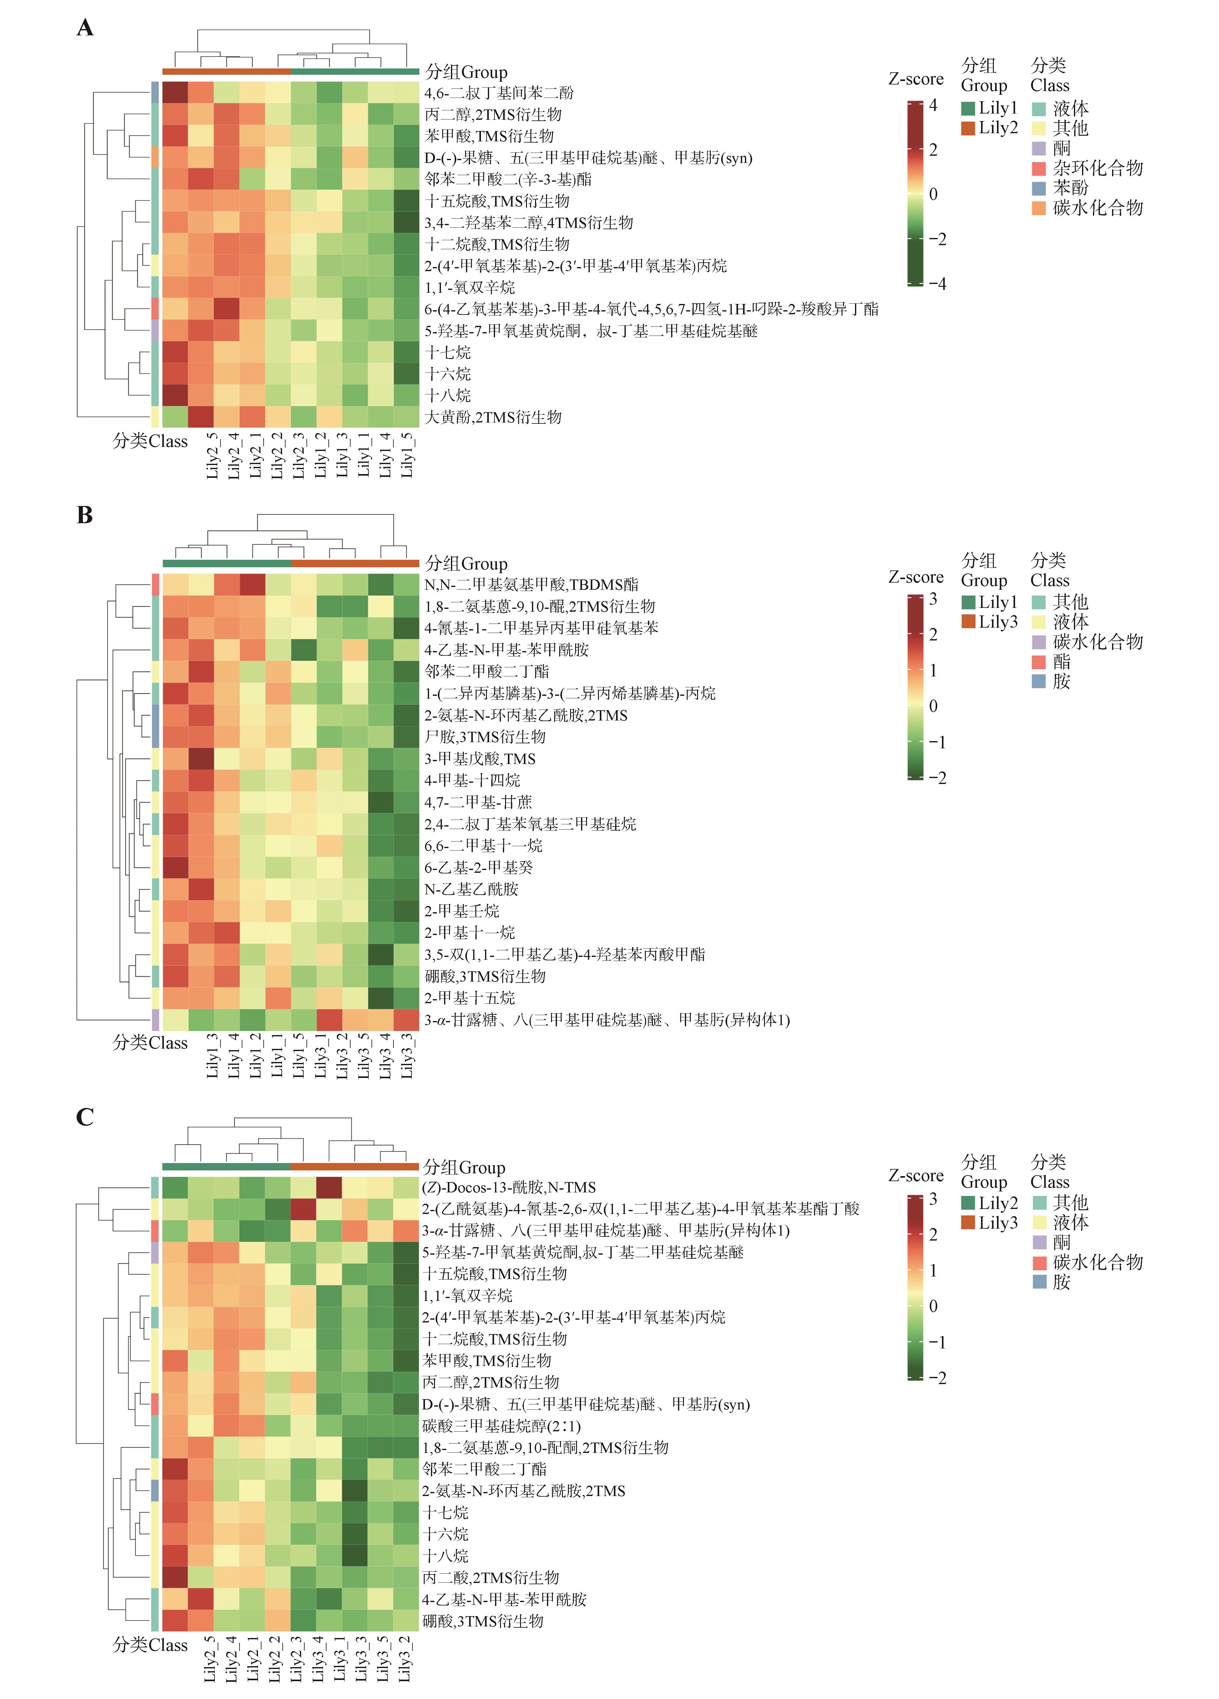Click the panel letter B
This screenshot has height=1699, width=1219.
click(x=85, y=515)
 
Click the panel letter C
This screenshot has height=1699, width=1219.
click(x=85, y=1117)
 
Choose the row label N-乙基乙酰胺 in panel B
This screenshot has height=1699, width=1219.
click(x=471, y=889)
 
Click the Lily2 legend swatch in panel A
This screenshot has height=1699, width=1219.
click(x=968, y=128)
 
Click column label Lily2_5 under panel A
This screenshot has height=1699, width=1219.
click(x=212, y=455)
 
